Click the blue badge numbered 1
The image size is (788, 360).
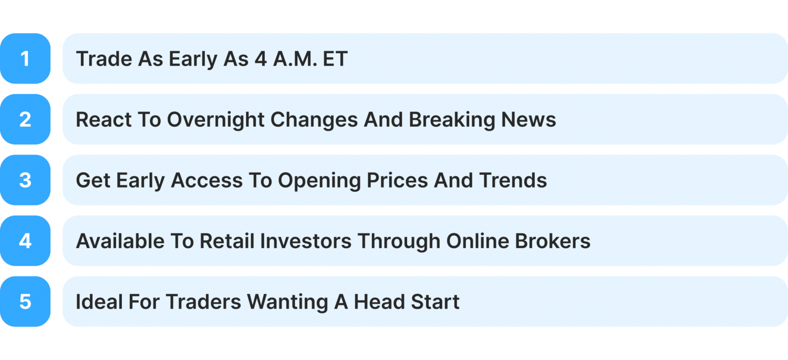(x=25, y=58)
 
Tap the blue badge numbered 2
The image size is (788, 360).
(x=25, y=119)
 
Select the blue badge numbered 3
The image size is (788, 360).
(x=25, y=180)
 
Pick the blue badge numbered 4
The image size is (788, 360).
(x=25, y=241)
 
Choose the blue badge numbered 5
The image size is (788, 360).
(x=25, y=302)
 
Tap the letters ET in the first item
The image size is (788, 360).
(x=336, y=59)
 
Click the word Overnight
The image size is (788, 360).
(x=215, y=120)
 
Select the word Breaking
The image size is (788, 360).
(x=451, y=120)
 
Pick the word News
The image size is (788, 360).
(x=528, y=120)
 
